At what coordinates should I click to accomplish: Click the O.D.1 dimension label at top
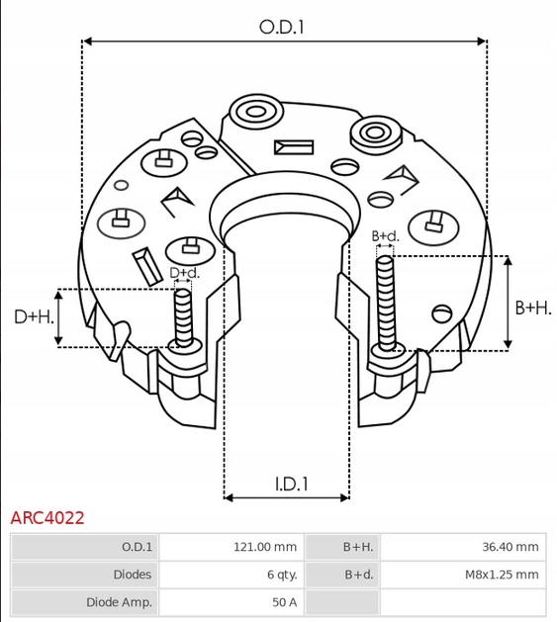282,28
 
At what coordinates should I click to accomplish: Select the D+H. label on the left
33,316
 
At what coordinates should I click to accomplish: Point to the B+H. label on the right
533,308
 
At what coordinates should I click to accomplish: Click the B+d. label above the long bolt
385,236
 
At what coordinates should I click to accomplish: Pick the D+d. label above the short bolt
184,273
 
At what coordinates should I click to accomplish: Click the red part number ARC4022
47,517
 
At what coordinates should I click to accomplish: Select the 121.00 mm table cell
263,547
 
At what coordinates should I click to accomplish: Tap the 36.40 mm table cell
511,547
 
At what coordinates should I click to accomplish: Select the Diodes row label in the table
133,574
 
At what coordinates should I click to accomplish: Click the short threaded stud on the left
182,315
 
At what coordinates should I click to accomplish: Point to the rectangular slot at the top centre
294,147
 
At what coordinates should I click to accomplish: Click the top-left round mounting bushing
251,110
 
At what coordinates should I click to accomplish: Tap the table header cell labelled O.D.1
137,547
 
